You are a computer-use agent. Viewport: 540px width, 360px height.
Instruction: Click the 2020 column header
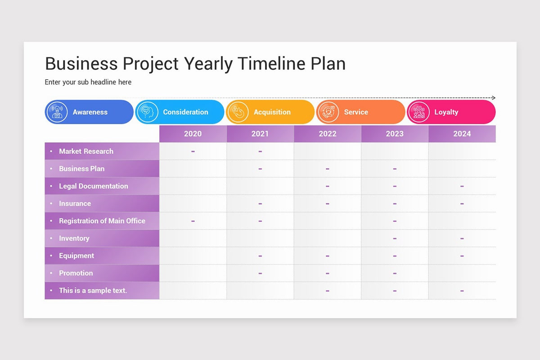click(x=193, y=134)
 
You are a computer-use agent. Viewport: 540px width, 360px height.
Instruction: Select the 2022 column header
click(x=327, y=134)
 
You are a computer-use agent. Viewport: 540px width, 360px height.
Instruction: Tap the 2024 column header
click(x=462, y=134)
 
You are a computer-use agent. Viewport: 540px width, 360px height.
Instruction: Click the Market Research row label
click(x=86, y=151)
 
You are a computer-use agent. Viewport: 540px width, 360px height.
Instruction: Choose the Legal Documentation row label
click(x=93, y=186)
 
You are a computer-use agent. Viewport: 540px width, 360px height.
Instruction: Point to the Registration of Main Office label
click(x=102, y=221)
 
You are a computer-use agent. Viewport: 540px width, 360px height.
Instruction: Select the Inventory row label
click(x=74, y=238)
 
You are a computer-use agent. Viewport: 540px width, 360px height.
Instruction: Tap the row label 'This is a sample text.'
click(x=93, y=290)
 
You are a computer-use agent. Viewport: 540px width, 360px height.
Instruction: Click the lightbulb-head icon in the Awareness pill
click(x=57, y=112)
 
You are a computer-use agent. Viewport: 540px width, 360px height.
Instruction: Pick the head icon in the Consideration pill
click(x=147, y=112)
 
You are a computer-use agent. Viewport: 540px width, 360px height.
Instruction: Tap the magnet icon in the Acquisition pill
click(x=238, y=112)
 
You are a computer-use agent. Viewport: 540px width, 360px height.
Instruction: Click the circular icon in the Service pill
click(x=328, y=112)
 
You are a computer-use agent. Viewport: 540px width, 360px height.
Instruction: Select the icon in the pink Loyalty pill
click(x=418, y=112)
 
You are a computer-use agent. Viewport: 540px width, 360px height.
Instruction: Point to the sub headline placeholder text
click(x=88, y=82)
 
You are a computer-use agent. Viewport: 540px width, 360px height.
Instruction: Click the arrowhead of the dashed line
click(x=493, y=98)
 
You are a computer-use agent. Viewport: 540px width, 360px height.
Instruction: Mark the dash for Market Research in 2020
click(x=193, y=152)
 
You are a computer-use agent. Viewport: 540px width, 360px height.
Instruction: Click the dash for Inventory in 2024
click(x=462, y=238)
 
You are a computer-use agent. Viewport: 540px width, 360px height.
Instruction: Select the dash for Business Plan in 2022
click(x=327, y=169)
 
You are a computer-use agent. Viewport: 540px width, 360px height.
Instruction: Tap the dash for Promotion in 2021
click(x=260, y=273)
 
